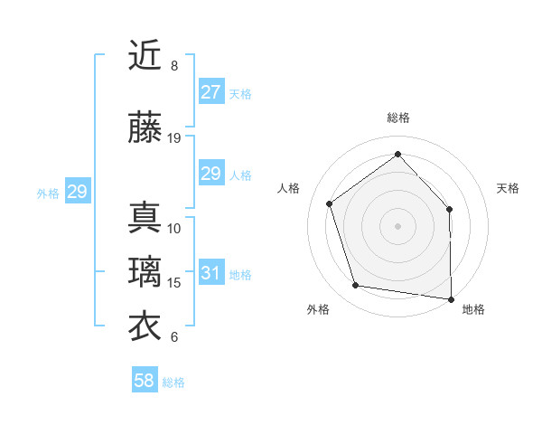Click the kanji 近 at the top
[145, 55]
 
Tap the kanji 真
[145, 217]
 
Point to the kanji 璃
[145, 272]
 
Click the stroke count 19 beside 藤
[174, 138]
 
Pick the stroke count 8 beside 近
[174, 66]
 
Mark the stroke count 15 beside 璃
[174, 283]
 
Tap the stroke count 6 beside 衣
[174, 337]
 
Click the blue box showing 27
[210, 92]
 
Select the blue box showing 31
[210, 273]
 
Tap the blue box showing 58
[145, 381]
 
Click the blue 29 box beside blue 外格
[77, 192]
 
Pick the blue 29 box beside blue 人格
[210, 174]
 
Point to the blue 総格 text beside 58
[173, 382]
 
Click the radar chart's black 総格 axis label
[397, 118]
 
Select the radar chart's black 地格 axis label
[473, 309]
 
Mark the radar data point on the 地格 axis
[451, 298]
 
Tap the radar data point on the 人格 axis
[330, 203]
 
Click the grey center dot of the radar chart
[397, 225]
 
